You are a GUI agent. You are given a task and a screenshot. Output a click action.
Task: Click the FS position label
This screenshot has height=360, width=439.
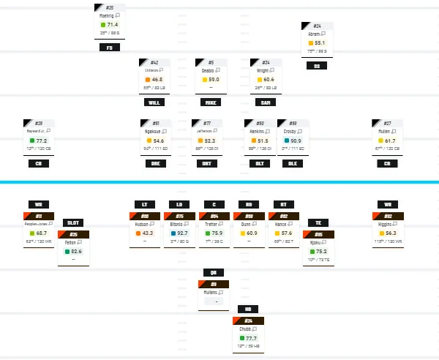[x=109, y=48]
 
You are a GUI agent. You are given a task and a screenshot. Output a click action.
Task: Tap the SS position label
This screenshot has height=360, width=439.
[x=316, y=66]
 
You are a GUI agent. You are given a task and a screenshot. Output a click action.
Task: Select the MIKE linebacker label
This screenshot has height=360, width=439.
[x=211, y=102]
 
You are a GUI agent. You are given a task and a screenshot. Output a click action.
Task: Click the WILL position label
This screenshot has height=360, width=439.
[x=154, y=102]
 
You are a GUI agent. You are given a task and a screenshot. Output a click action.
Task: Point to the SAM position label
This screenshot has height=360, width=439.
[x=266, y=102]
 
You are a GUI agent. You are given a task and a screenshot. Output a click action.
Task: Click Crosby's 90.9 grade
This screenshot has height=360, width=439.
[x=296, y=140]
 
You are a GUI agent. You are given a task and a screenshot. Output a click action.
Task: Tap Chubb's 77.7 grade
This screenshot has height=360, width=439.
[x=252, y=338]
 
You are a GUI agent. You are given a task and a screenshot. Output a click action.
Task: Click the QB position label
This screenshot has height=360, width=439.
[x=214, y=272]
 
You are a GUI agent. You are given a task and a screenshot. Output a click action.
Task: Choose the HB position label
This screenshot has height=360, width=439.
[x=249, y=310]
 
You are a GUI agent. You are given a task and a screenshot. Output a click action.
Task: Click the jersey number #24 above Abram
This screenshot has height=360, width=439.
[x=316, y=26]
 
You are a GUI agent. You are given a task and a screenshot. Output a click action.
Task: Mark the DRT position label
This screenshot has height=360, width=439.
[x=207, y=162]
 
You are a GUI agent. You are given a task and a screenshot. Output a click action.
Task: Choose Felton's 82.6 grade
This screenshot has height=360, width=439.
[x=77, y=251]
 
